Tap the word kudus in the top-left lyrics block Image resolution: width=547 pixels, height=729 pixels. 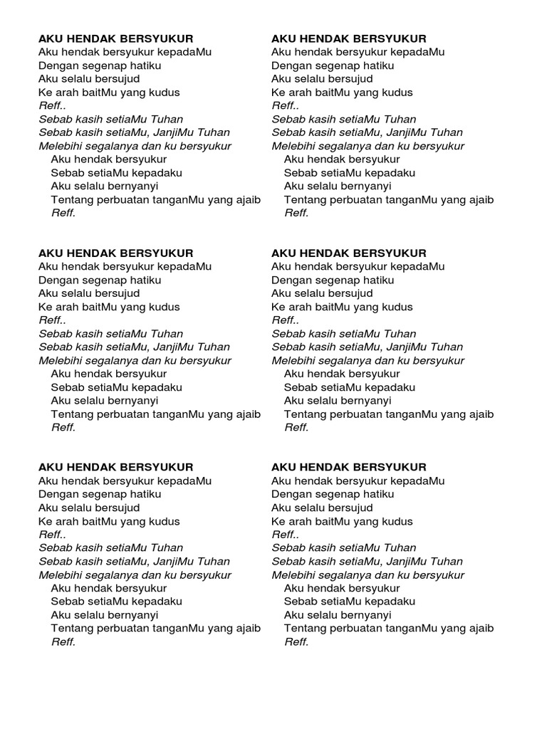(x=165, y=93)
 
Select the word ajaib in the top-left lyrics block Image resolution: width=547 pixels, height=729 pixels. (x=247, y=199)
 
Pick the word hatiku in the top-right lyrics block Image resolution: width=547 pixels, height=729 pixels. (x=378, y=65)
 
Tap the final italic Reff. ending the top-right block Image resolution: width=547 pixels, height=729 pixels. (x=296, y=213)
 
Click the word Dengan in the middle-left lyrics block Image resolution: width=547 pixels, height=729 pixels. (x=56, y=280)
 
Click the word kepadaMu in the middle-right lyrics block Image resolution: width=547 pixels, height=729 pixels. (x=420, y=266)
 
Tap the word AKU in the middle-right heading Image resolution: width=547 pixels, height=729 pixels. (x=283, y=253)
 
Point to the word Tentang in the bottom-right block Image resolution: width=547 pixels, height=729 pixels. (x=303, y=629)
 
